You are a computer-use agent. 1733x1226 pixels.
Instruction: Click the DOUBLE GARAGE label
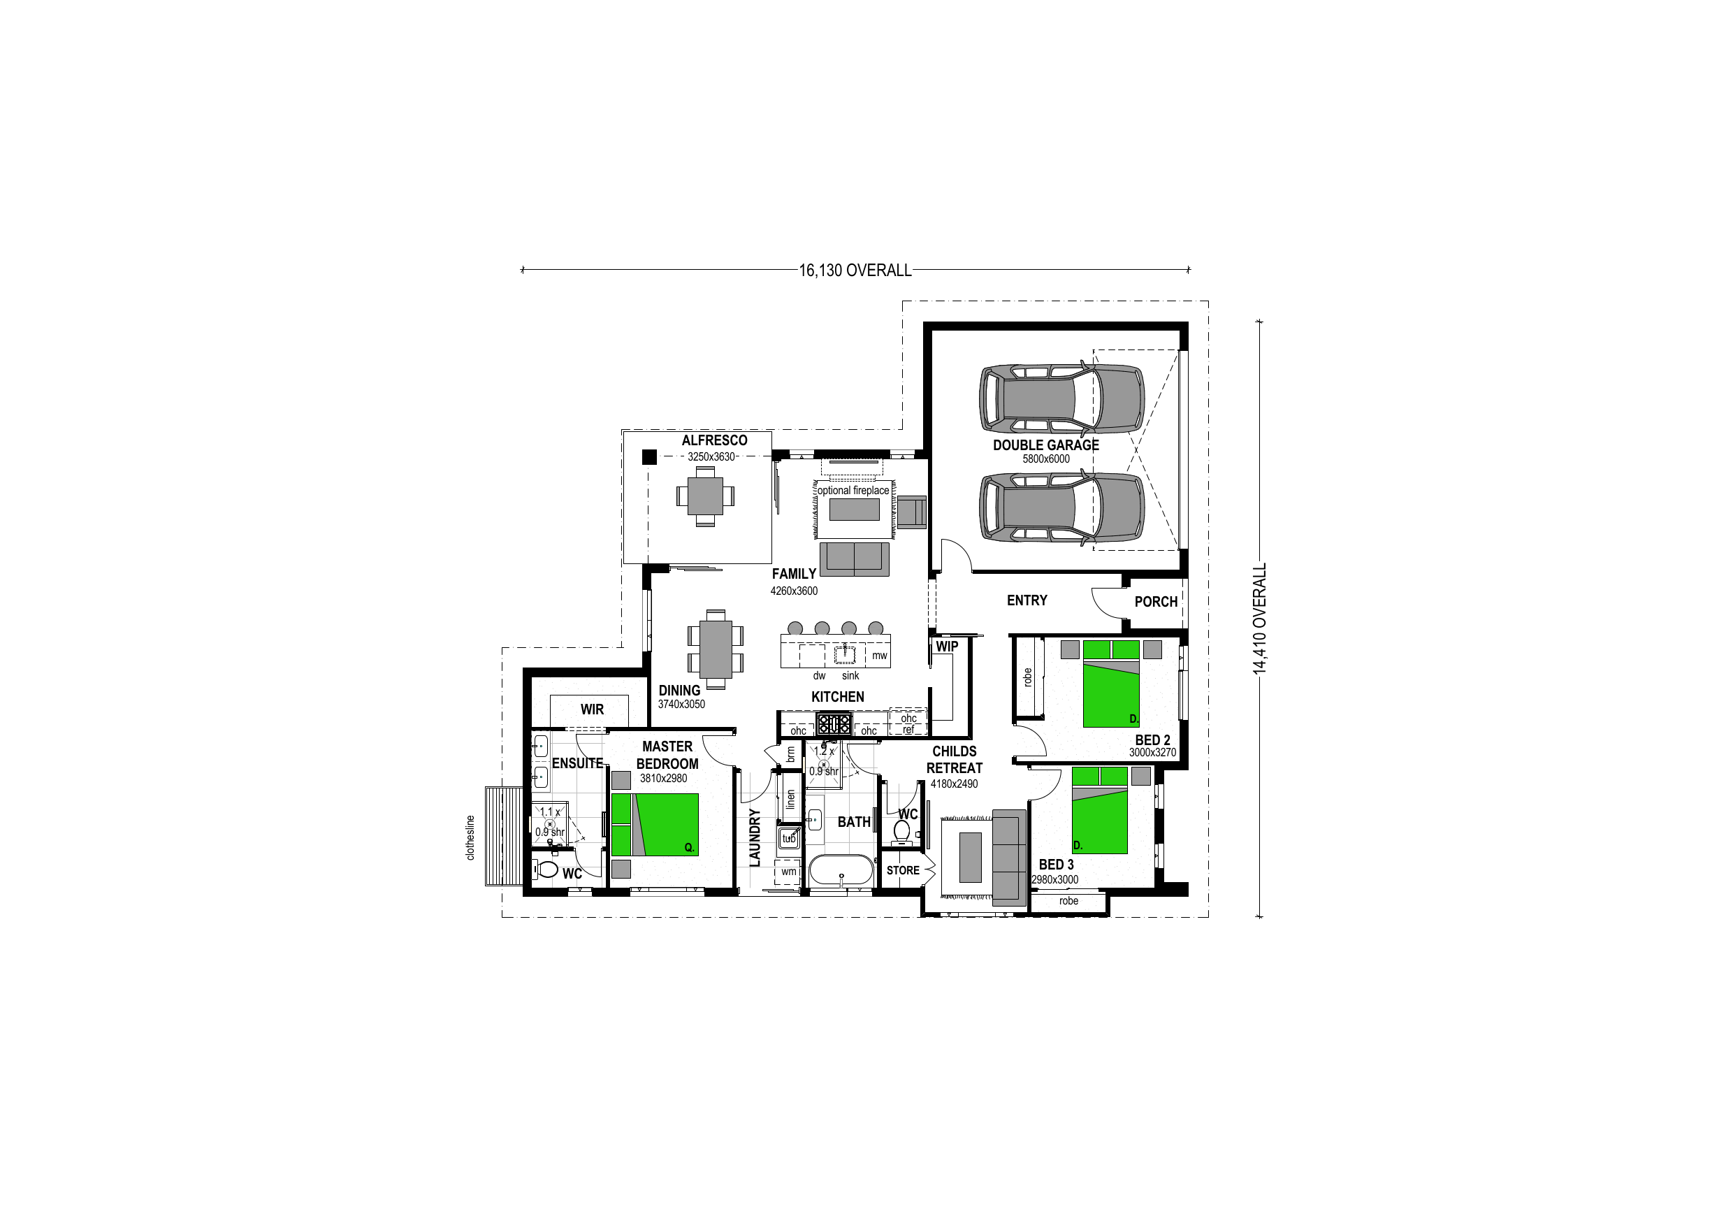(1045, 445)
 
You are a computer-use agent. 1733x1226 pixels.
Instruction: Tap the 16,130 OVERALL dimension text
(855, 271)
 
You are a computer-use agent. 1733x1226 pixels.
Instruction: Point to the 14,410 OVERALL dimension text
(1259, 619)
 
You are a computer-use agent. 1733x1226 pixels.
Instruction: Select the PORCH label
(1156, 602)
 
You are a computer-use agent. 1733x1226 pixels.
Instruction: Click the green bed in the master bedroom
(654, 824)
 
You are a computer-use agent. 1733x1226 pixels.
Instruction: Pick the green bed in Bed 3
(1100, 810)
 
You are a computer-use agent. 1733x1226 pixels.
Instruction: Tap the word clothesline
(470, 838)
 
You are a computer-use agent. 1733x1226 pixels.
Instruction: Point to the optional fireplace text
(854, 491)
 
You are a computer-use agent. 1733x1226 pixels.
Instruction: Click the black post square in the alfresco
(649, 456)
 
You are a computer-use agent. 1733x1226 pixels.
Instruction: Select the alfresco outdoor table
(705, 496)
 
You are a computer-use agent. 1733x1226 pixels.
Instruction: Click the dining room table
(716, 649)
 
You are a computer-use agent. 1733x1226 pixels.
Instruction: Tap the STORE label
(903, 870)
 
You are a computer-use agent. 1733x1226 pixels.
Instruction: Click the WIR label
(592, 709)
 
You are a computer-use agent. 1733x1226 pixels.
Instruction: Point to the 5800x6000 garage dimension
(1045, 459)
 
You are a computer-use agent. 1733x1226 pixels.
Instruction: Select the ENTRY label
(1027, 600)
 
